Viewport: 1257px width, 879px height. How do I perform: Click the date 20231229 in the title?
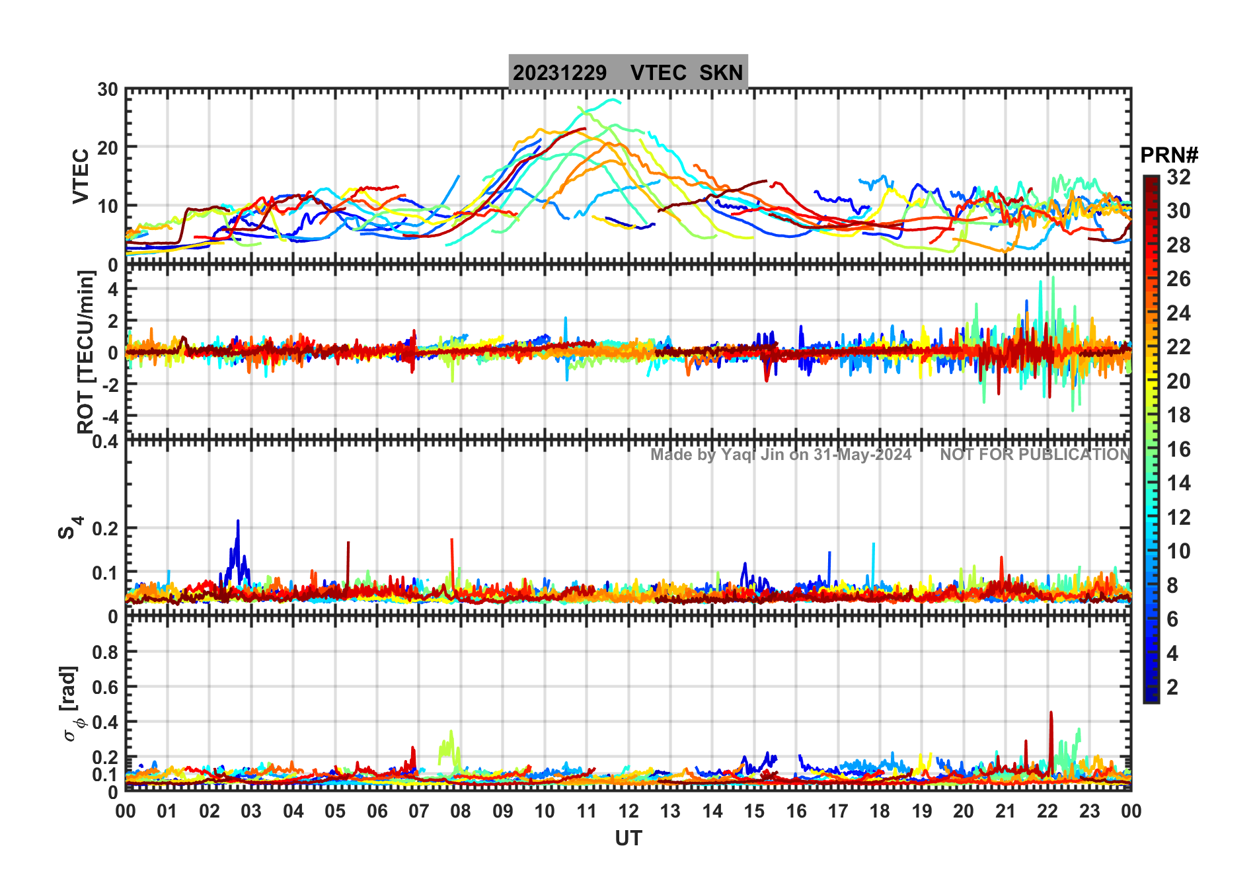[x=559, y=73]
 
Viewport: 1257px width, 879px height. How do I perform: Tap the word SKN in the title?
[x=721, y=73]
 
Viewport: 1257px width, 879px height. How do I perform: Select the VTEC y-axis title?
[x=81, y=176]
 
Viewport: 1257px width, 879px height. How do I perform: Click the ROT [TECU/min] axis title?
[x=85, y=352]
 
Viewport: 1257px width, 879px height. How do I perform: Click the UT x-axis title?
[x=628, y=838]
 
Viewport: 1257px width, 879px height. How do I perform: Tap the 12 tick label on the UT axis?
[x=628, y=811]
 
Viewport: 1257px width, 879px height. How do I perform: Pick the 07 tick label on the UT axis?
[x=418, y=811]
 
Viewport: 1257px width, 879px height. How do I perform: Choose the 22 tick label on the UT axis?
[x=1047, y=811]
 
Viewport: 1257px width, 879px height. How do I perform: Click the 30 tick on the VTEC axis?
[x=108, y=90]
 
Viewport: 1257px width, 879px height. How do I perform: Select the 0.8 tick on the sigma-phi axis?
[x=106, y=652]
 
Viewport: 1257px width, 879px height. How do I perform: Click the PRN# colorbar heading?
[x=1169, y=155]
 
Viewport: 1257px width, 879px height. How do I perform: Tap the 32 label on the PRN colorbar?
[x=1178, y=177]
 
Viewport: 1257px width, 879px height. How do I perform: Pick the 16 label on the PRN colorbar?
[x=1178, y=449]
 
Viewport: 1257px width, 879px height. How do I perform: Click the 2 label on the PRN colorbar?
[x=1172, y=687]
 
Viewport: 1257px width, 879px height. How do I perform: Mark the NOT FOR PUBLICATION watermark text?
[x=1035, y=455]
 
